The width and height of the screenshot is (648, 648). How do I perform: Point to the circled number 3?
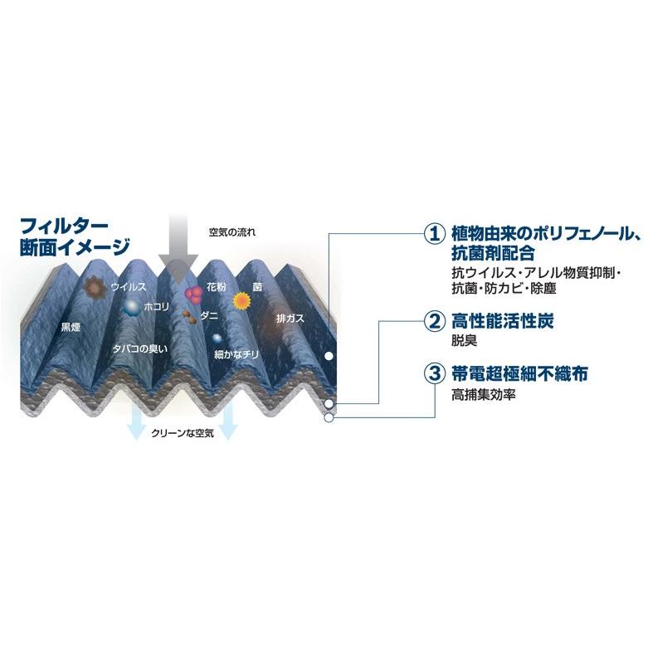point(434,375)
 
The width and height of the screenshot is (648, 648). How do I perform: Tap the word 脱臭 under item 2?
point(464,340)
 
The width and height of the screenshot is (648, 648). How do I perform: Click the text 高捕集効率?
point(484,395)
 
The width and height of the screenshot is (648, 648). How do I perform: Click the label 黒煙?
point(71,326)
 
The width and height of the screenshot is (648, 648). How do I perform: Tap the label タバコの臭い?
point(139,349)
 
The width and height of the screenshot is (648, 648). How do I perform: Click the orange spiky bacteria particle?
point(241,300)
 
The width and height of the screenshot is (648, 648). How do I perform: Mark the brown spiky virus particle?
point(95,287)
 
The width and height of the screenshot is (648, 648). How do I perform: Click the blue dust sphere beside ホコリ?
point(131,308)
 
